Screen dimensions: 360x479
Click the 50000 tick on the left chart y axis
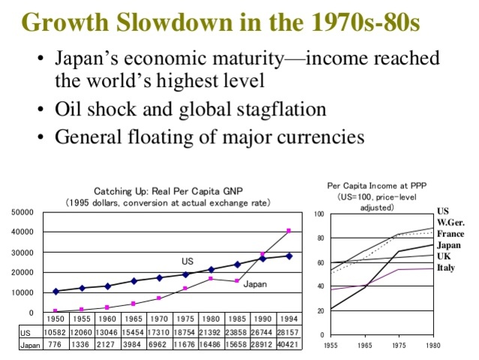coord(22,212)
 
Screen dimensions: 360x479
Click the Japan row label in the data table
coord(30,345)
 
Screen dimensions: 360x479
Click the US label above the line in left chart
coord(187,262)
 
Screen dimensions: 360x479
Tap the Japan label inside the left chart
coord(254,285)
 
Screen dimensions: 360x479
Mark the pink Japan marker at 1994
coord(289,231)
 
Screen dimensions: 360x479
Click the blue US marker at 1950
coord(55,291)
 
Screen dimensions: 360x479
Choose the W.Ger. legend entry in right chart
coord(451,223)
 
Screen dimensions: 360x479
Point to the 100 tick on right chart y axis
coord(319,214)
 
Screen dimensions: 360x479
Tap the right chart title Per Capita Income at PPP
coord(376,185)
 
